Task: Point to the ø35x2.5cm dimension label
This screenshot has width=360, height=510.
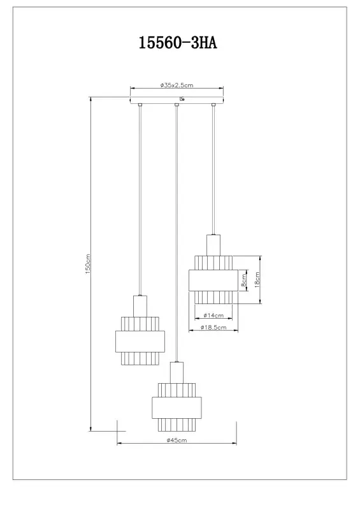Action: (x=177, y=85)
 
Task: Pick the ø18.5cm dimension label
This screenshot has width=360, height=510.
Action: (x=211, y=328)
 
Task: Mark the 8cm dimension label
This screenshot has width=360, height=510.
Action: (x=243, y=280)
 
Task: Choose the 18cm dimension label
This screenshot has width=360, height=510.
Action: (x=257, y=280)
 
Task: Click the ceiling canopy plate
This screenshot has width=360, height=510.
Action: (x=177, y=100)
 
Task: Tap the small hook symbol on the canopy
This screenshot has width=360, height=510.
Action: (x=183, y=98)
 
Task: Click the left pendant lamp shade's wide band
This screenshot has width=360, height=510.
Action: (x=140, y=341)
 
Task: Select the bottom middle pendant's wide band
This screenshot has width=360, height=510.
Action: (x=176, y=406)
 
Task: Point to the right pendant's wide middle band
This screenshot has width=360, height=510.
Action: (x=213, y=280)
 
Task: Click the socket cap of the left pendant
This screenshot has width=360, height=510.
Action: (x=140, y=305)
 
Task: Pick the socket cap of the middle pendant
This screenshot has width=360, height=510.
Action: (x=176, y=372)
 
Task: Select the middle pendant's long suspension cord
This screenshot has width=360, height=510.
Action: (x=176, y=229)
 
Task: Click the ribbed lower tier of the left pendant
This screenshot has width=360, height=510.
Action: (x=140, y=358)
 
